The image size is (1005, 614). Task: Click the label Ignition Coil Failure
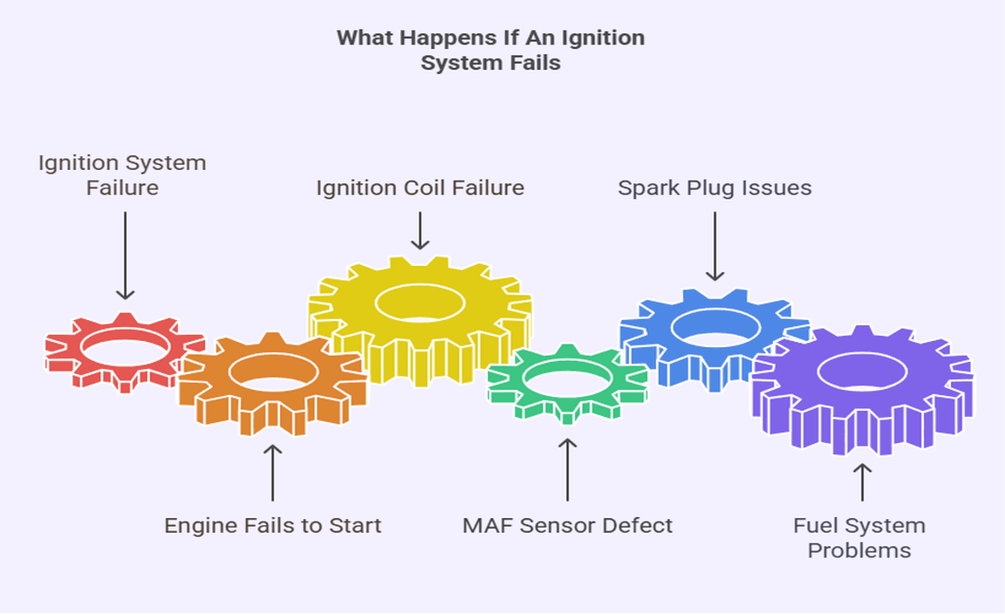pyautogui.click(x=420, y=188)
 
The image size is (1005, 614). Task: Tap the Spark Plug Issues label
pyautogui.click(x=714, y=188)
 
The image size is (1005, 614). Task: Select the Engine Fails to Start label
pyautogui.click(x=273, y=526)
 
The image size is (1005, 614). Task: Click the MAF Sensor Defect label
pyautogui.click(x=567, y=526)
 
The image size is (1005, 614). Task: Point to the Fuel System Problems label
pyautogui.click(x=859, y=538)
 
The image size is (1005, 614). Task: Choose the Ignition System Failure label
pyautogui.click(x=122, y=174)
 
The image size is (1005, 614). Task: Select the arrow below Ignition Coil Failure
pyautogui.click(x=420, y=230)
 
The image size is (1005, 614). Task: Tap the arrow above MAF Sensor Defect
pyautogui.click(x=567, y=469)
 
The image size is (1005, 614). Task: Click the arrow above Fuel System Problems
pyautogui.click(x=862, y=481)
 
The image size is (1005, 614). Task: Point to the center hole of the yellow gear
pyautogui.click(x=420, y=302)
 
